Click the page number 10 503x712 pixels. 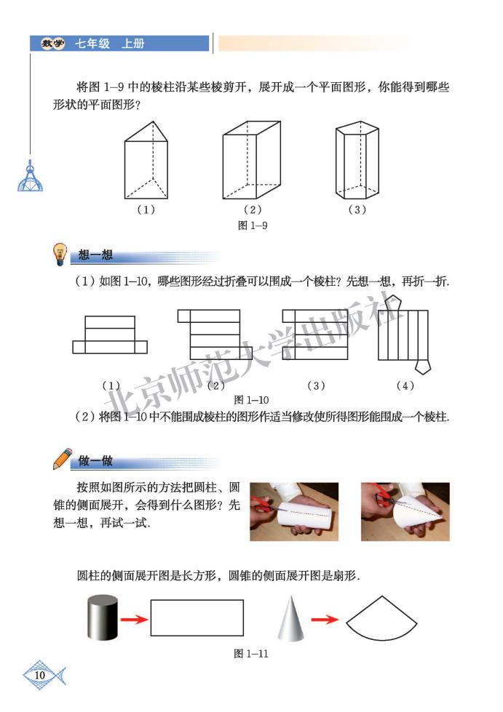point(40,676)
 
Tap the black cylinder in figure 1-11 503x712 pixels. point(102,619)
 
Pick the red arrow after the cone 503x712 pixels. point(324,620)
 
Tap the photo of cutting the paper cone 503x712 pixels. point(405,511)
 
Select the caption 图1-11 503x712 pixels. point(251,654)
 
